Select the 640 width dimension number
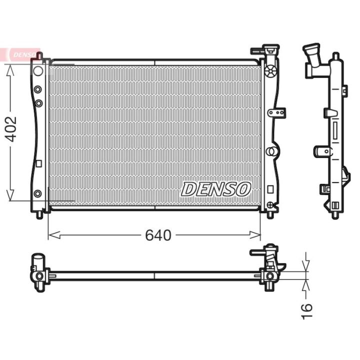tap(158, 235)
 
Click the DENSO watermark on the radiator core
tap(215, 189)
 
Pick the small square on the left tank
tap(38, 162)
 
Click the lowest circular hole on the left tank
tap(37, 193)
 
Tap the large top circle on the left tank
tap(38, 70)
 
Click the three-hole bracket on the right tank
tap(276, 112)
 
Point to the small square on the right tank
tap(270, 189)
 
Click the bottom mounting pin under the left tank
tap(39, 215)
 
